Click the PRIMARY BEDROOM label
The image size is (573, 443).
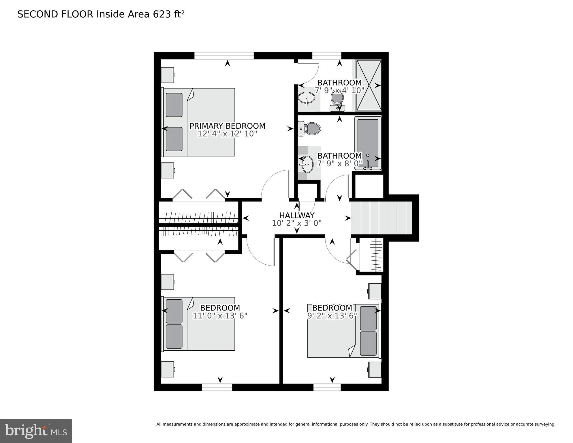(227, 126)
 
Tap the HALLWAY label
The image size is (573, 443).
(296, 216)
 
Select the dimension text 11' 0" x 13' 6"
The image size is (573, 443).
(220, 316)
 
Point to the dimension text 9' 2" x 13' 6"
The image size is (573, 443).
(332, 316)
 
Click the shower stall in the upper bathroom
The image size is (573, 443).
(369, 85)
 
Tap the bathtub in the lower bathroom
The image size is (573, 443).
(368, 143)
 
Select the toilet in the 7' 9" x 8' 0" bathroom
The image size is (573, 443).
(310, 129)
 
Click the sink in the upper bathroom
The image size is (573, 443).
(306, 99)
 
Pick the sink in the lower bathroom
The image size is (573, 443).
(307, 165)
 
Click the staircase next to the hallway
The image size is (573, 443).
(382, 218)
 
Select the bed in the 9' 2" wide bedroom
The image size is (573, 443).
(343, 331)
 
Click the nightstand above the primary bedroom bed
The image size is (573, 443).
(167, 75)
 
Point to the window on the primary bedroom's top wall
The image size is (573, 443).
(224, 55)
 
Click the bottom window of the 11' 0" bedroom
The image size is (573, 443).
(217, 387)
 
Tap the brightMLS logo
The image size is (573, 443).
(36, 431)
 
